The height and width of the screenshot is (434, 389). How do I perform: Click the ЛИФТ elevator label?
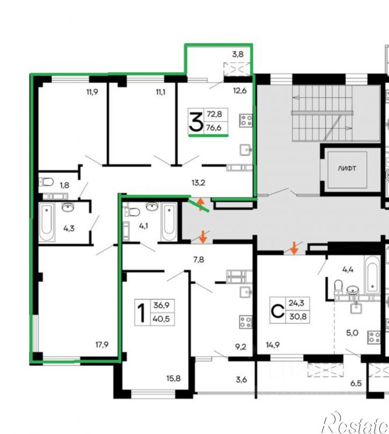[347, 168]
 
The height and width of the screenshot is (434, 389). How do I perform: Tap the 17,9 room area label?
[102, 344]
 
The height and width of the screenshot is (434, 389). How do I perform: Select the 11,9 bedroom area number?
[92, 92]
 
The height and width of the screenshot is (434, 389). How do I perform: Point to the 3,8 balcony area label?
[238, 54]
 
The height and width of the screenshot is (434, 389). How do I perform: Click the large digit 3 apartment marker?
[196, 121]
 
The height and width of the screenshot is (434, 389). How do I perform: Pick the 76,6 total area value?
[214, 128]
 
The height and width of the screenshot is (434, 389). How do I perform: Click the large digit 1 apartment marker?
[142, 313]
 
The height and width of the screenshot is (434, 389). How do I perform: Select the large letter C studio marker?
[277, 311]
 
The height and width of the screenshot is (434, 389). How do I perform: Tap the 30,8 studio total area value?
[298, 316]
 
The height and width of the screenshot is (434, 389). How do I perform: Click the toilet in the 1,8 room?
[46, 182]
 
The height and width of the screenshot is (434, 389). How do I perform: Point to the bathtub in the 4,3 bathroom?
[47, 222]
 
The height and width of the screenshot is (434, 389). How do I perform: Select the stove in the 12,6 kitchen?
[246, 121]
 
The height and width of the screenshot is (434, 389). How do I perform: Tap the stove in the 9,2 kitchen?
[246, 322]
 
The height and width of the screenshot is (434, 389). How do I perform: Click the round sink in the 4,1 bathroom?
[152, 207]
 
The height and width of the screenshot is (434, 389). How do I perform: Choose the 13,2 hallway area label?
[198, 183]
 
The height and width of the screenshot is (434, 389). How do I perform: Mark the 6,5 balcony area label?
[356, 384]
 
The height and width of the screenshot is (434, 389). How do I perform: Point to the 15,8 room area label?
[174, 378]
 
